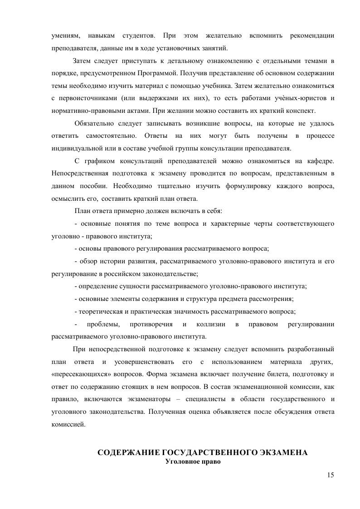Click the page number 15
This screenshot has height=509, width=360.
point(330,475)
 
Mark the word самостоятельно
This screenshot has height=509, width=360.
point(108,136)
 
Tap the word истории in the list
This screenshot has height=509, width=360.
point(120,262)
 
